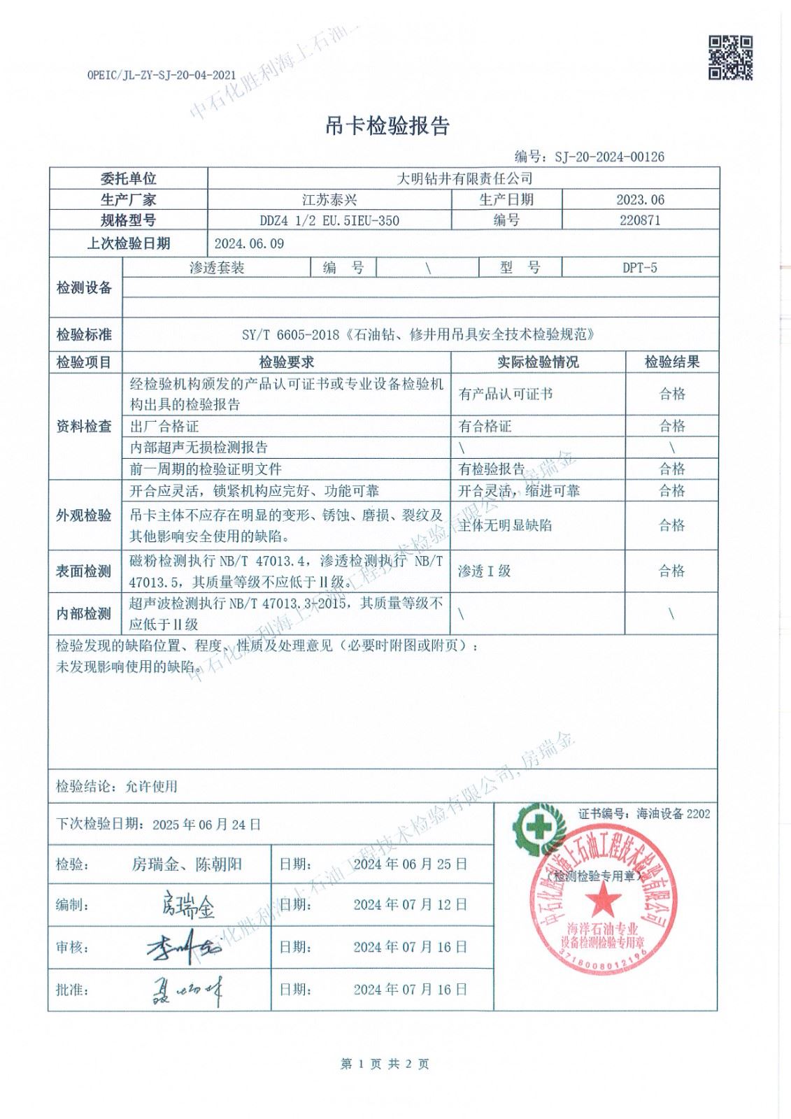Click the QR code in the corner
click(731, 57)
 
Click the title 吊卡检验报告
click(387, 126)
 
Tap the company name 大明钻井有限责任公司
click(464, 179)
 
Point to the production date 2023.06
click(640, 200)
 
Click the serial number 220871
click(640, 220)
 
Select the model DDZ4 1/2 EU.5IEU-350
click(329, 221)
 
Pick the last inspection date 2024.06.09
click(249, 243)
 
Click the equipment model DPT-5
click(640, 267)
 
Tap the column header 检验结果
click(671, 362)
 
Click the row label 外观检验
click(84, 515)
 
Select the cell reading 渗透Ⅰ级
click(485, 571)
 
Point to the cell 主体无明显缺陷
click(504, 525)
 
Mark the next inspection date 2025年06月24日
click(206, 825)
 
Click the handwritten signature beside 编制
click(187, 905)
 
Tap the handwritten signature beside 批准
click(187, 990)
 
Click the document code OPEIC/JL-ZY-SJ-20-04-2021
click(162, 74)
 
